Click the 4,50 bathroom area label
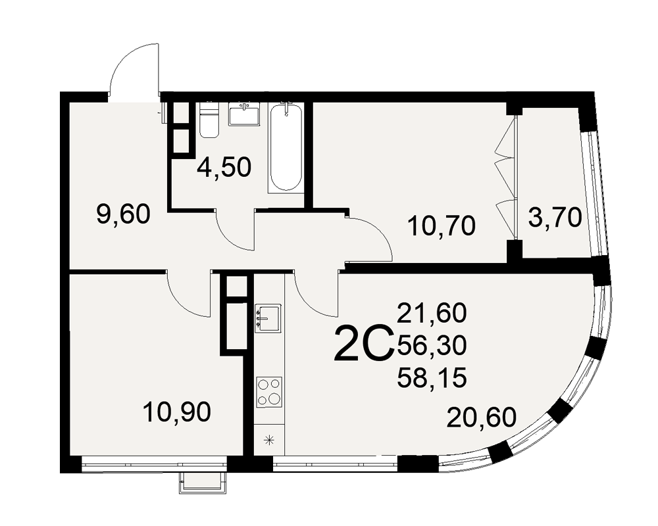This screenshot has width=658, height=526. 224,167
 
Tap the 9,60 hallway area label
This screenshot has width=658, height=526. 123,215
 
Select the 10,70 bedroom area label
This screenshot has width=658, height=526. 442,226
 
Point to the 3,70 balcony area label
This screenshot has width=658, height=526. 555,218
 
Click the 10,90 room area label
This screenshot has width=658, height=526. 176,412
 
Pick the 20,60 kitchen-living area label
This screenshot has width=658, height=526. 482,418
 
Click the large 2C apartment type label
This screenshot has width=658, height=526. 363,345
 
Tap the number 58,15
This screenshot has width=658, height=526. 432,378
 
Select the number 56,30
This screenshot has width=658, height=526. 432,346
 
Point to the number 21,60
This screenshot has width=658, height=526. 432,313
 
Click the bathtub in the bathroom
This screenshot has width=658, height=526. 286,149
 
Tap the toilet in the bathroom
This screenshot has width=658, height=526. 209,120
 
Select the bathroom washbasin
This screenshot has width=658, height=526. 244,114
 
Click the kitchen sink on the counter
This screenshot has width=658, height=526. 268,318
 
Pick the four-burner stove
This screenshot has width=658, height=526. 269,392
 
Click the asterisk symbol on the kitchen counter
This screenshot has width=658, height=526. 269,440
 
